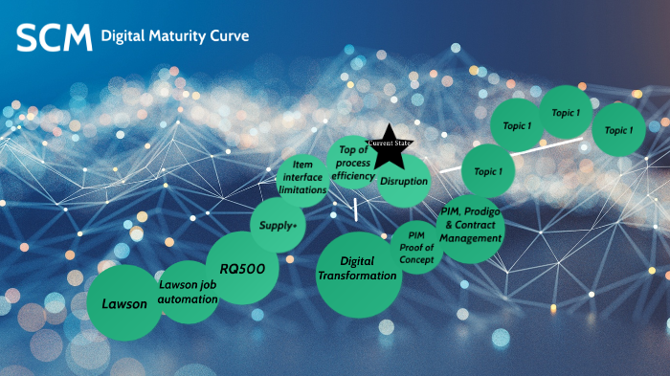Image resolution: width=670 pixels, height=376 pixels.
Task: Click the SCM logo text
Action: click(x=54, y=38)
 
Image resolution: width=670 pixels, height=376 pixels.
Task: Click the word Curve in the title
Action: click(x=228, y=36)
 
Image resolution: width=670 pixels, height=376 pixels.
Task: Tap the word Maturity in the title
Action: click(x=172, y=36)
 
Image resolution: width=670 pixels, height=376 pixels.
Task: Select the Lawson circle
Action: click(x=124, y=303)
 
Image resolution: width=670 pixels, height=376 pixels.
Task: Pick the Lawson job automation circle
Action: click(x=189, y=292)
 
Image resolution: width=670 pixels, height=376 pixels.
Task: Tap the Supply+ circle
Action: click(x=278, y=226)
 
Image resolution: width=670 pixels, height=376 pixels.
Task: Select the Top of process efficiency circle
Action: click(x=354, y=161)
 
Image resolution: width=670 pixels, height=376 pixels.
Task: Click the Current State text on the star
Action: click(x=388, y=144)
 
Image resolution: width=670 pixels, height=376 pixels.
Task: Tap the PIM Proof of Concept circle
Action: click(x=416, y=247)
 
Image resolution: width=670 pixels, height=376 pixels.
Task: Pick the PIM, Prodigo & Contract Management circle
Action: click(x=470, y=230)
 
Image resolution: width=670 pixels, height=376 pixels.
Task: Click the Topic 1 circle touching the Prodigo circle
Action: click(x=489, y=172)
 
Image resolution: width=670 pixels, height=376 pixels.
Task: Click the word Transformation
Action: click(x=356, y=276)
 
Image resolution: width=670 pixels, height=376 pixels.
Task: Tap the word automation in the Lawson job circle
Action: click(x=189, y=299)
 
